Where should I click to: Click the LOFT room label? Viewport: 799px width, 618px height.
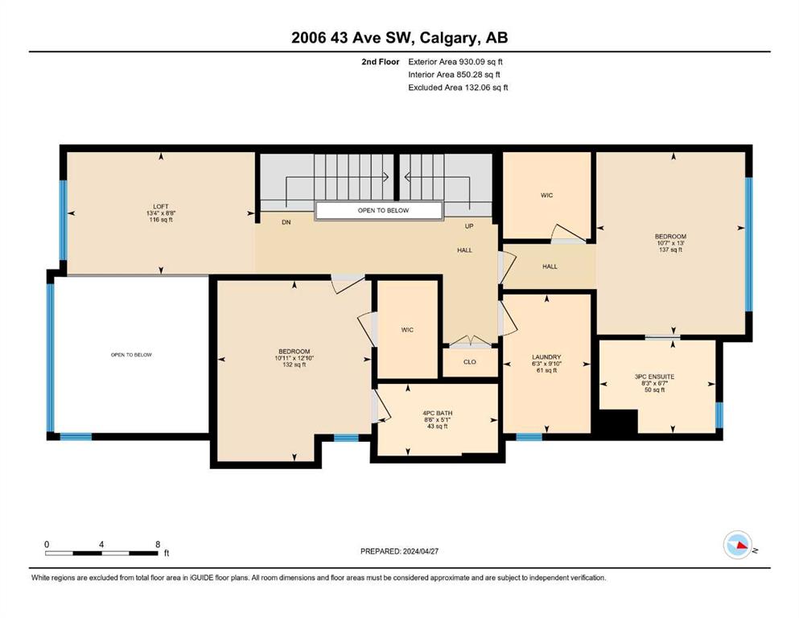[x=161, y=206]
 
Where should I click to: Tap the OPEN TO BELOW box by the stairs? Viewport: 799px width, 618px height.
[x=379, y=210]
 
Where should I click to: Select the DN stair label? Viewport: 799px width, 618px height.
[x=286, y=222]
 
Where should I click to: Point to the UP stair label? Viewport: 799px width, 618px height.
[x=469, y=226]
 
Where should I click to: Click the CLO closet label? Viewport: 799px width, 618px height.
[x=470, y=362]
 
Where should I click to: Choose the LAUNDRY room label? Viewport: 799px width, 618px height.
[x=546, y=357]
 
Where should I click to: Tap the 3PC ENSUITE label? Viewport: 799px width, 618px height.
[x=654, y=377]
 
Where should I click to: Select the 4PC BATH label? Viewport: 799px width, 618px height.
[x=437, y=413]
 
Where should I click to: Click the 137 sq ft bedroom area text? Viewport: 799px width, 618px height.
[x=670, y=249]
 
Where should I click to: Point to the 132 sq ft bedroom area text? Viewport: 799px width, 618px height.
[x=294, y=365]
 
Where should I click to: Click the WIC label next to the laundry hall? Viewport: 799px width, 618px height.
[x=547, y=195]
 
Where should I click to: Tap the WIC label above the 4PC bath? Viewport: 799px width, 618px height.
[x=407, y=330]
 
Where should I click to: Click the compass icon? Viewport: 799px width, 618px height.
[x=737, y=545]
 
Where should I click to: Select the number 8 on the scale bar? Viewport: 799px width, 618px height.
[x=158, y=544]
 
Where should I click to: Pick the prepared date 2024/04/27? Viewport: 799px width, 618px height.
[x=420, y=551]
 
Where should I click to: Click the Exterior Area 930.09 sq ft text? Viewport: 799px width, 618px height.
[x=455, y=62]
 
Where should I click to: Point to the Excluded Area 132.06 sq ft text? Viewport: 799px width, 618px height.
[x=458, y=87]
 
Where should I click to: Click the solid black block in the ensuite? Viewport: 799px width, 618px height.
[x=618, y=422]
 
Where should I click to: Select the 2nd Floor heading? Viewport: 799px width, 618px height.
[x=380, y=62]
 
